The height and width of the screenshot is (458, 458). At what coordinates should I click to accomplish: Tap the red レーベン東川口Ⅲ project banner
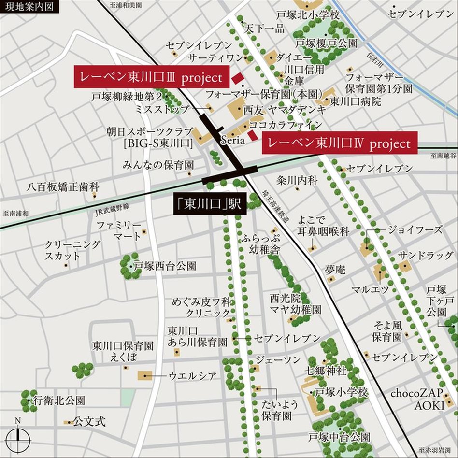pyautogui.click(x=148, y=77)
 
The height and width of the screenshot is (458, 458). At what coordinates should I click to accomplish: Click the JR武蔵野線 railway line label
pyautogui.click(x=112, y=206)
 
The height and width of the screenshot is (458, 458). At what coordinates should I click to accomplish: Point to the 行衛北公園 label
pyautogui.click(x=58, y=401)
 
